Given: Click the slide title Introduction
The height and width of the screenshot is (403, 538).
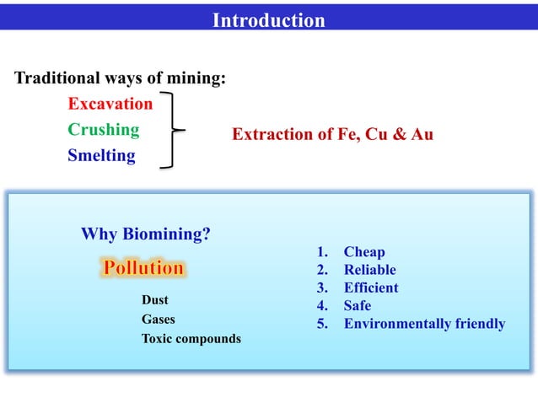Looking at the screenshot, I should (x=268, y=20).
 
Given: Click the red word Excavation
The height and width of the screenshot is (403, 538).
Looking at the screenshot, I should (x=110, y=105).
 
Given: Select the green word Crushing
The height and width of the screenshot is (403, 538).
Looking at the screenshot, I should (x=104, y=130).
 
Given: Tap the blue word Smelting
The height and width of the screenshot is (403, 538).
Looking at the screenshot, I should (x=101, y=156).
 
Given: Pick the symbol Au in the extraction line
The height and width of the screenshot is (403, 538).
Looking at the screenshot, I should (x=421, y=134).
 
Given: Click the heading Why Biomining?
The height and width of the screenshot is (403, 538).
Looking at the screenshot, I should (x=146, y=234).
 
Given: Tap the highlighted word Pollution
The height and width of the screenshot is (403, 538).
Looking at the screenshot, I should (x=143, y=268).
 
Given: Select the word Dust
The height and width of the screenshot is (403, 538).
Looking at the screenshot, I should (x=155, y=299).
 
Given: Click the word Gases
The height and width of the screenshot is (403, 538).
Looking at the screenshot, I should (x=159, y=320).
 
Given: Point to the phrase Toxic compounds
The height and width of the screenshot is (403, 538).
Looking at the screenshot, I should (x=191, y=339).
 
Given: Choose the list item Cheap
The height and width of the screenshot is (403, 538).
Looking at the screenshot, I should (x=364, y=252).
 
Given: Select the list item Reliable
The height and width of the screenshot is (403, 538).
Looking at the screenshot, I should (x=369, y=270).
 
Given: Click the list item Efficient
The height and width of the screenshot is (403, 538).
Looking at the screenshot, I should (x=371, y=287).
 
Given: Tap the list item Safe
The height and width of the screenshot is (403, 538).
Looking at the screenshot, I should (x=358, y=306).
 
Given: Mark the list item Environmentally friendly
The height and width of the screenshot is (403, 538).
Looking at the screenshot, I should (x=424, y=324).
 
